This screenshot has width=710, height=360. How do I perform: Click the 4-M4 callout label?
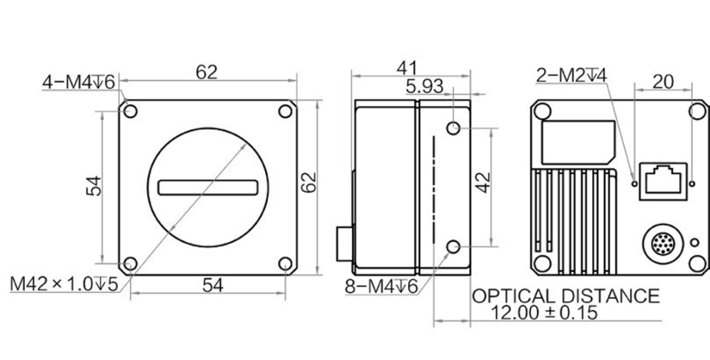[79, 82]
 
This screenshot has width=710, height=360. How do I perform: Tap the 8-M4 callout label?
[381, 286]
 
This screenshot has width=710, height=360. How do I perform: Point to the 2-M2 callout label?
[571, 75]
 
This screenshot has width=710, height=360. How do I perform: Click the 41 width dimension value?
[407, 69]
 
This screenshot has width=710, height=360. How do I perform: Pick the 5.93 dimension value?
[424, 87]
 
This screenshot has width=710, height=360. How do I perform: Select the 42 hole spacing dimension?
[484, 182]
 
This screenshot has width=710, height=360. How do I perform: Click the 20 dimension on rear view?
[663, 82]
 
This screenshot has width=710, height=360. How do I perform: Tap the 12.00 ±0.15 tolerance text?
[544, 312]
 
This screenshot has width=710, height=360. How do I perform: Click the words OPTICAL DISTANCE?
[566, 296]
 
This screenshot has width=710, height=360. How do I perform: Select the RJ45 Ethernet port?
[663, 181]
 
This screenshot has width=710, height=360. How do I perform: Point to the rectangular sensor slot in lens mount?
[208, 187]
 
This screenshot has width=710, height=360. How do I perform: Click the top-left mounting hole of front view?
[130, 111]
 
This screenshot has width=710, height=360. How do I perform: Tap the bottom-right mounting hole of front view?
[285, 264]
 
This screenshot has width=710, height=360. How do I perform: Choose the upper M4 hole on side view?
[453, 128]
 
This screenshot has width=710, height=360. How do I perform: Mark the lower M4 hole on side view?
[453, 247]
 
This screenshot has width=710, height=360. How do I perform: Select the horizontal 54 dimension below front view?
[212, 285]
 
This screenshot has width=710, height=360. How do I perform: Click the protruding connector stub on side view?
[344, 244]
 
